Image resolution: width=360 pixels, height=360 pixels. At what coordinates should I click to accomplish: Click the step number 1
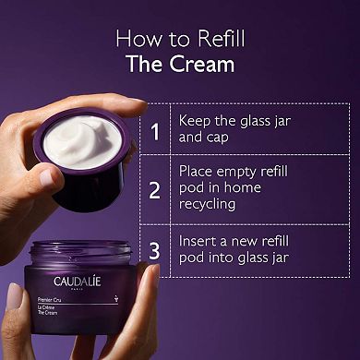click(x=155, y=131)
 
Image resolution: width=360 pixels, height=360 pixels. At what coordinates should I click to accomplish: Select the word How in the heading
click(x=134, y=40)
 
